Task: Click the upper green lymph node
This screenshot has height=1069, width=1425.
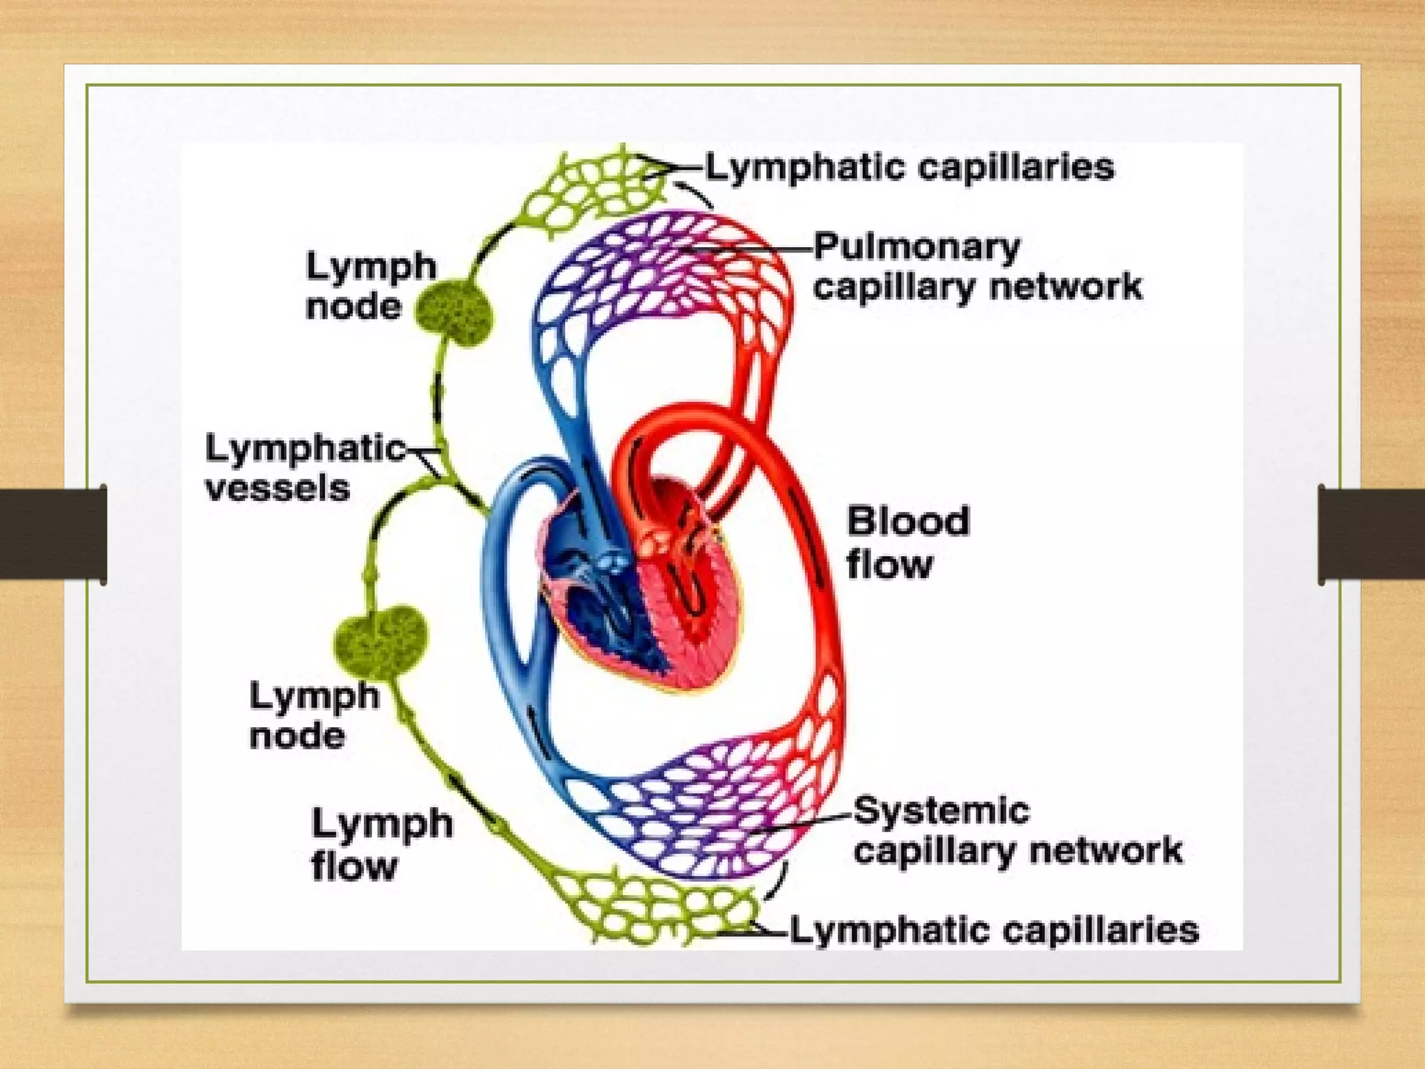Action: (x=454, y=313)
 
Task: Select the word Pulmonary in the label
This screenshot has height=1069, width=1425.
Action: (x=916, y=248)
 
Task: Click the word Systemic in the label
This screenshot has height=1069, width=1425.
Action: (x=941, y=811)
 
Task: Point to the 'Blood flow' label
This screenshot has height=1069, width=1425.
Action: (x=907, y=542)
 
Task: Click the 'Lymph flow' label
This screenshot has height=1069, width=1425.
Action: (x=381, y=844)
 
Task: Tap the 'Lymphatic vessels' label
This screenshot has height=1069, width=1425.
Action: (x=304, y=468)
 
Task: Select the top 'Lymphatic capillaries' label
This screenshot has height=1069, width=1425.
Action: (x=909, y=168)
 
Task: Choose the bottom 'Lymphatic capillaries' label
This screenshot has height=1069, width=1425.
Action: (x=994, y=931)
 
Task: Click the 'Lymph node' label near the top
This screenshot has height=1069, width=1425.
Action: (x=370, y=286)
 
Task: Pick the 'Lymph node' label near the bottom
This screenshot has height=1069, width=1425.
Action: (x=314, y=715)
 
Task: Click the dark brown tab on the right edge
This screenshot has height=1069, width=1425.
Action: (x=1371, y=534)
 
